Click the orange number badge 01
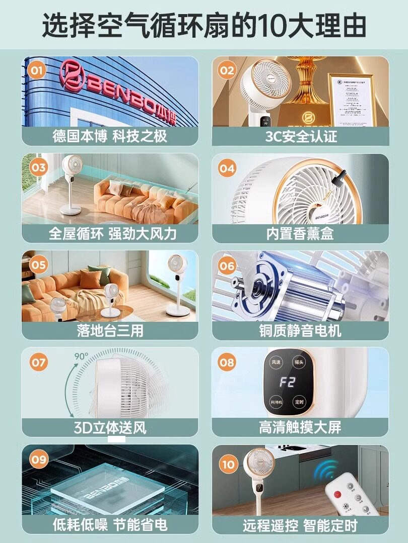[x=36, y=70]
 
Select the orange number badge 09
[x=38, y=459]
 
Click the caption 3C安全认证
[x=301, y=136]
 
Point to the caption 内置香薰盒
[x=300, y=233]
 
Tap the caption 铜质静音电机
[x=300, y=330]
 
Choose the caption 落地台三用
[x=110, y=330]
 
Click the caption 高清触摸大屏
[x=300, y=427]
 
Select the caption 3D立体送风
[x=110, y=428]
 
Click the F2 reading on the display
[x=288, y=382]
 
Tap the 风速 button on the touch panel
[x=276, y=362]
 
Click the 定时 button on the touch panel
[x=299, y=402]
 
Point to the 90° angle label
[x=81, y=356]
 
